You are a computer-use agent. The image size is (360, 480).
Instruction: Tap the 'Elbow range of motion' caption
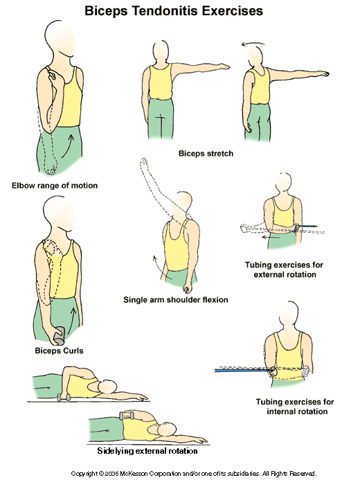[54, 186]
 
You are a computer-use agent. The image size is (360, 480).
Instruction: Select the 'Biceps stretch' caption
[205, 153]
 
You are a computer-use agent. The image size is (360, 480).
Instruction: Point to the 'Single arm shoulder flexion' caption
[175, 300]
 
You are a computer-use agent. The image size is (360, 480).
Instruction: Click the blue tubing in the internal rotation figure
[242, 371]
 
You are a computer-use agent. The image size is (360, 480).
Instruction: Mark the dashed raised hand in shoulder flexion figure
[143, 163]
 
